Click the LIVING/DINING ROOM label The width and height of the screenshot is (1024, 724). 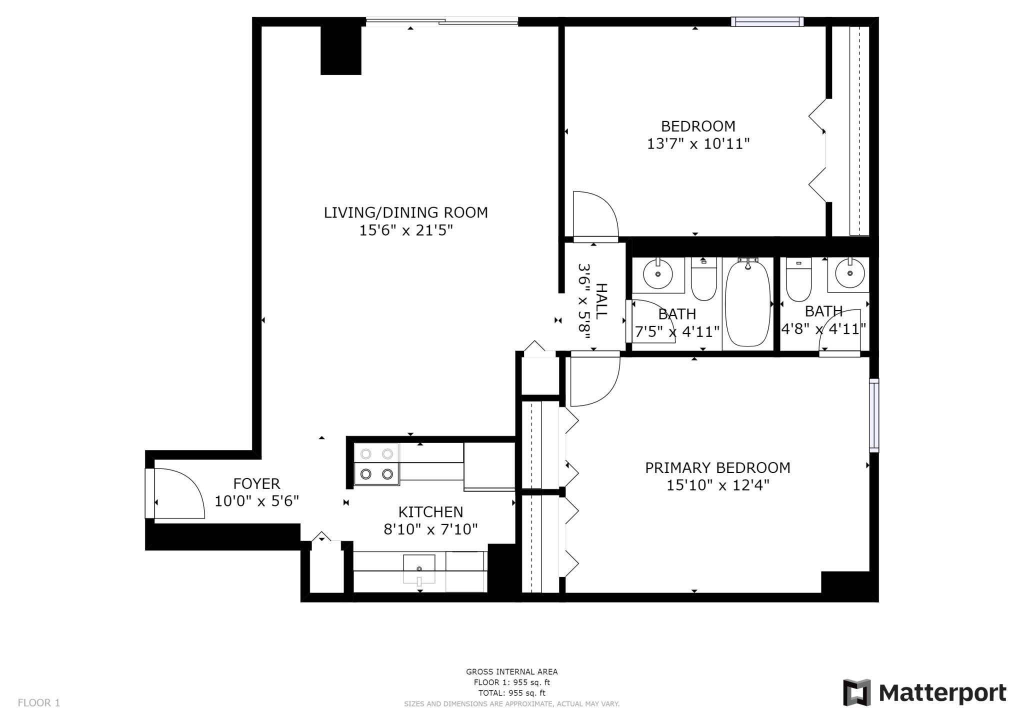(405, 212)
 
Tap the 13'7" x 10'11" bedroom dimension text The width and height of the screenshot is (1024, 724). (698, 144)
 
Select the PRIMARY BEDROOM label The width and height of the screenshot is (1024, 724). (717, 467)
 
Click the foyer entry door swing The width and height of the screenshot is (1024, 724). (177, 494)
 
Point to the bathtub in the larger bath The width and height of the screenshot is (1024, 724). (747, 302)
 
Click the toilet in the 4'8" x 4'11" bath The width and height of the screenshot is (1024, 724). (798, 280)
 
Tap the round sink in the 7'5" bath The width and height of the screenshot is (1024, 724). (657, 274)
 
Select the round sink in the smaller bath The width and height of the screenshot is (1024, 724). (849, 273)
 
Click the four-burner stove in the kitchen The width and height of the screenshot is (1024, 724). (376, 464)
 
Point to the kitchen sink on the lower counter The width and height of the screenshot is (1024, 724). (419, 569)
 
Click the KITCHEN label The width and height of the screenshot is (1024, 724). (430, 511)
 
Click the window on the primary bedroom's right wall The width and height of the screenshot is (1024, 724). (873, 415)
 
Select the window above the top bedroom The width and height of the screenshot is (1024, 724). (767, 21)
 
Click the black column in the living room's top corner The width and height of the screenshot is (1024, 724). (340, 50)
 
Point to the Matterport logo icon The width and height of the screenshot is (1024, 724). (856, 692)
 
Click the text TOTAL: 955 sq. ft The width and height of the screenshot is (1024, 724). (511, 693)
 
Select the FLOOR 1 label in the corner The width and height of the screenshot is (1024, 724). (39, 702)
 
